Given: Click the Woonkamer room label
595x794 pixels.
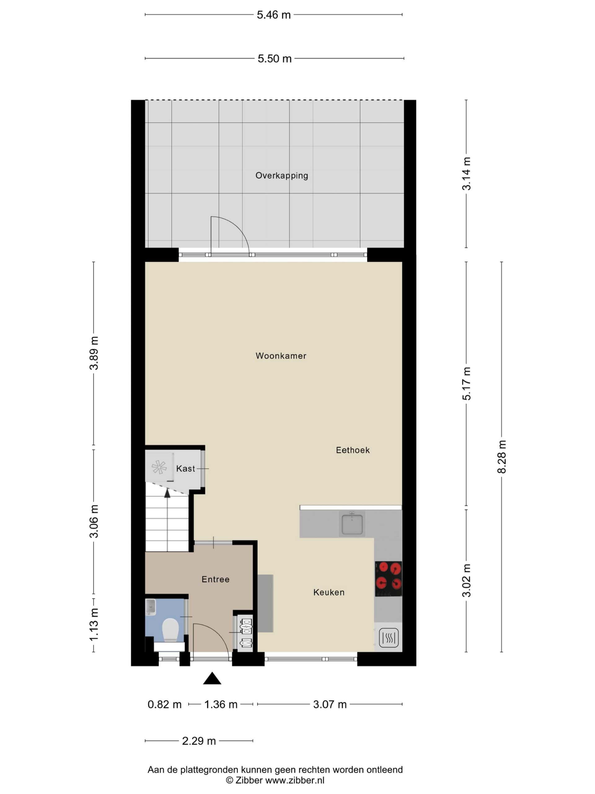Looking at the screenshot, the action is tap(281, 356).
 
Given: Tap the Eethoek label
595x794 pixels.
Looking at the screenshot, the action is tap(353, 450).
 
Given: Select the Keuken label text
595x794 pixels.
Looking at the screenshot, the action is tap(329, 592).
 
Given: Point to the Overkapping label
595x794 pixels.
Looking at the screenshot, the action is tap(281, 176).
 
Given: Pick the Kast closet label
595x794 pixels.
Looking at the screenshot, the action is tap(185, 468).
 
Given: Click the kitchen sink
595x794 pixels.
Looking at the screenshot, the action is tap(352, 524).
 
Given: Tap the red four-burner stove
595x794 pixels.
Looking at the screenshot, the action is tap(388, 579).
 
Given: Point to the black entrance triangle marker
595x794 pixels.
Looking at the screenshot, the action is tap(212, 678).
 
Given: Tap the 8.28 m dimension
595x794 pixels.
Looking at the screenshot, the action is tap(501, 457).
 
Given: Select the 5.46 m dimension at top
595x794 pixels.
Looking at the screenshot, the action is tap(274, 15).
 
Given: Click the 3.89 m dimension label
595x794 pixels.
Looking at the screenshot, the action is tap(94, 353).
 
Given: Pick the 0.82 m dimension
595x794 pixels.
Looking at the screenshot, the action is tap(165, 705).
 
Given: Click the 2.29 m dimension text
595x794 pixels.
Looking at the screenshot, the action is tap(199, 741).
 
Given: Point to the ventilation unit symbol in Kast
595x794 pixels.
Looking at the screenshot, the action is tap(159, 467).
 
